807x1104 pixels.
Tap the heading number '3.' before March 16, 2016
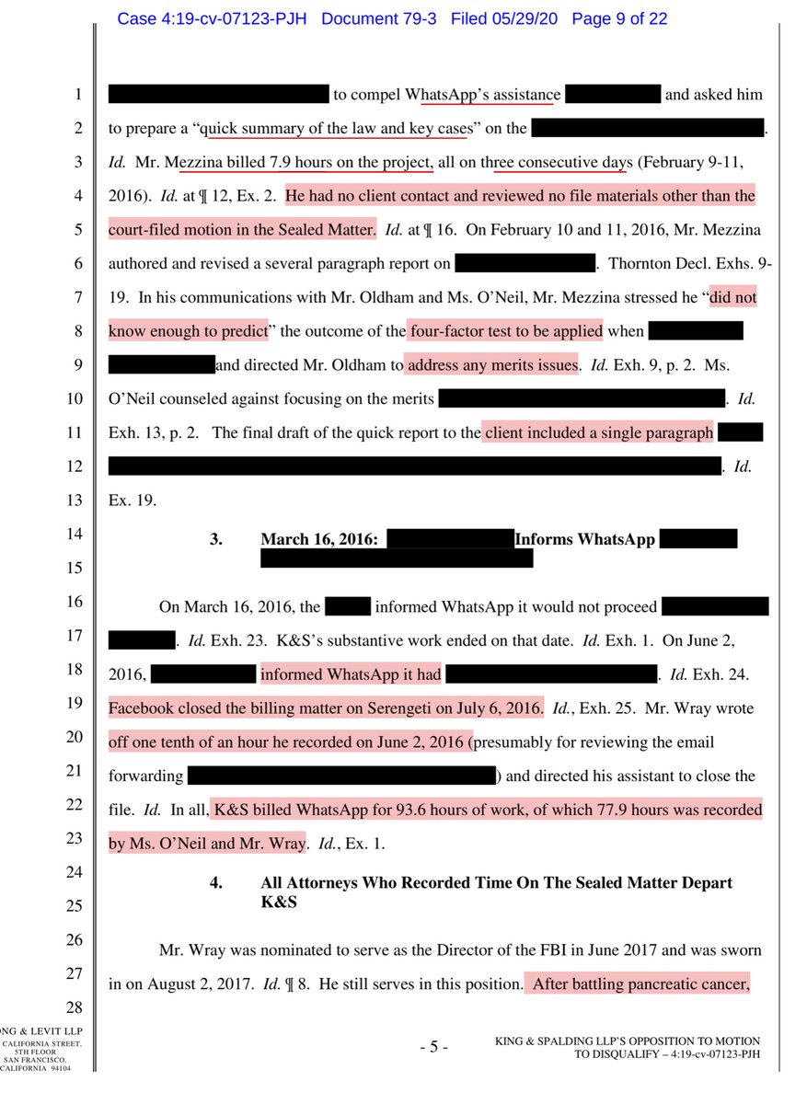click(216, 540)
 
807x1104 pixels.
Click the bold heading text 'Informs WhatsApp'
click(584, 540)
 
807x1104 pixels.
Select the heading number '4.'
click(216, 882)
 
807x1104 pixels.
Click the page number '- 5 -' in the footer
click(433, 1046)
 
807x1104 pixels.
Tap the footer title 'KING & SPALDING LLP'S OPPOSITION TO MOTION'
click(627, 1040)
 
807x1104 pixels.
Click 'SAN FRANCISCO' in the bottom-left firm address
click(38, 1060)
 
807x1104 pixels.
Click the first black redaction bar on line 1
click(218, 94)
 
